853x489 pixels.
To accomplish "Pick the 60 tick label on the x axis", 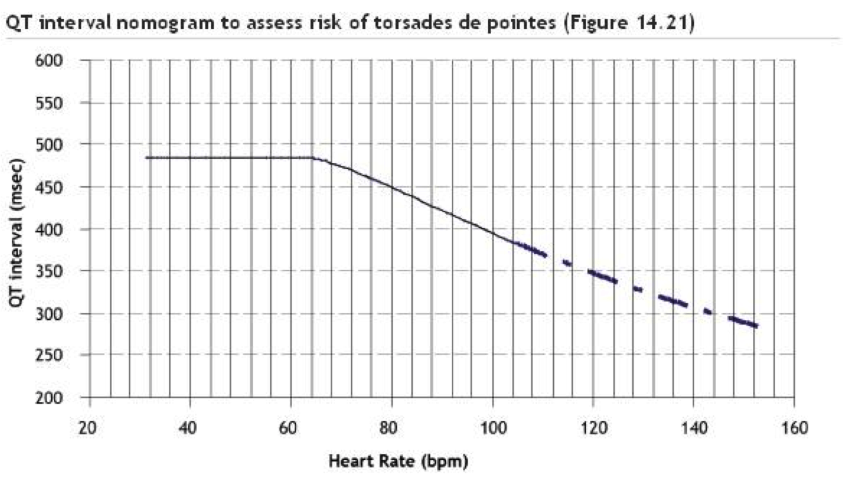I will [x=291, y=428].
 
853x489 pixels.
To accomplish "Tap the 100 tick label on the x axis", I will [x=492, y=428].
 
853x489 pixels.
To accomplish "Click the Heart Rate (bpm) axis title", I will [x=398, y=461].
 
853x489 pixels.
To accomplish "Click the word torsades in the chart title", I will [x=402, y=25].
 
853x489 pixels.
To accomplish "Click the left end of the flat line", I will [x=147, y=158].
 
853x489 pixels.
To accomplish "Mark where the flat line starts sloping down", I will [x=313, y=158].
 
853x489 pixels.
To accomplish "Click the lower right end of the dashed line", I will [x=756, y=326].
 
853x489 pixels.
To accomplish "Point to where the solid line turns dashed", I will [x=512, y=242].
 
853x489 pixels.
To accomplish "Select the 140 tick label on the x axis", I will [x=693, y=428].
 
